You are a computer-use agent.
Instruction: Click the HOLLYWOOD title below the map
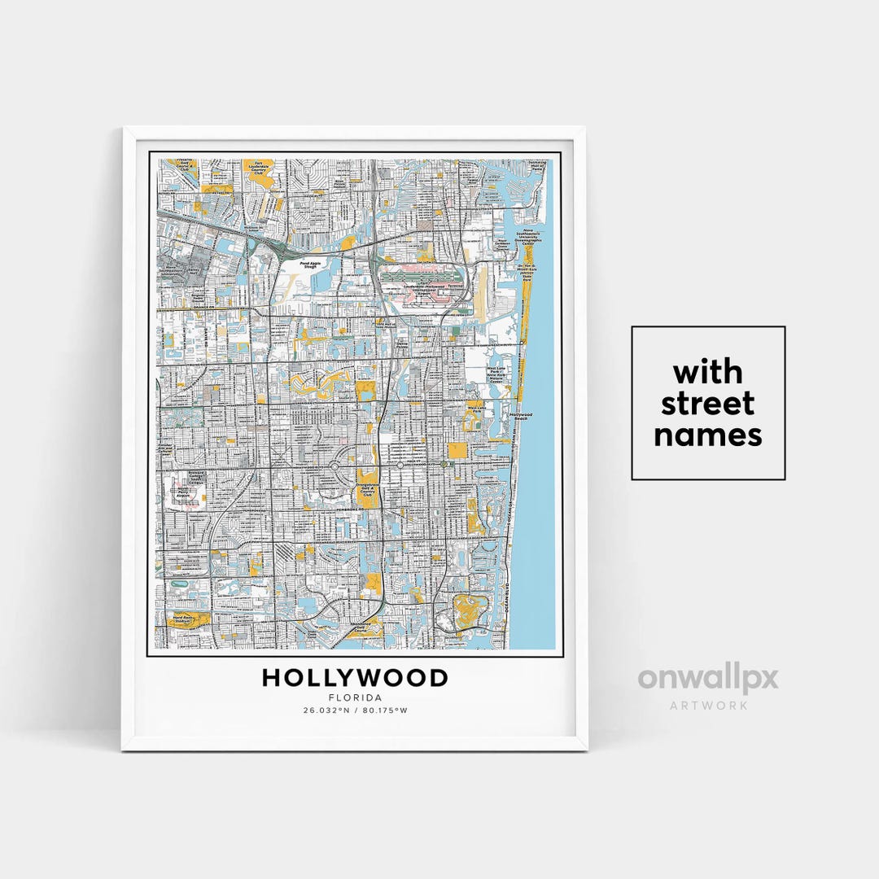pyautogui.click(x=355, y=678)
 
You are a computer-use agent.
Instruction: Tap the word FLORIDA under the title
pyautogui.click(x=355, y=698)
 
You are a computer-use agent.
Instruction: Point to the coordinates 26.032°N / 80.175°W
pyautogui.click(x=355, y=711)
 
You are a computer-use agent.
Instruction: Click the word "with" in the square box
pyautogui.click(x=708, y=373)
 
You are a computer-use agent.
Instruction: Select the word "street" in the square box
pyautogui.click(x=708, y=404)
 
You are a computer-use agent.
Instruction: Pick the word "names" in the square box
pyautogui.click(x=708, y=435)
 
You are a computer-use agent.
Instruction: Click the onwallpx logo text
pyautogui.click(x=708, y=679)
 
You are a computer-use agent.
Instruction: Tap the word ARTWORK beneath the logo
pyautogui.click(x=708, y=705)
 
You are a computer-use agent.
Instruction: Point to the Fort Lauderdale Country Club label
pyautogui.click(x=260, y=168)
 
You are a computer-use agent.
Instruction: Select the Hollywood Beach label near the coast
pyautogui.click(x=521, y=416)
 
